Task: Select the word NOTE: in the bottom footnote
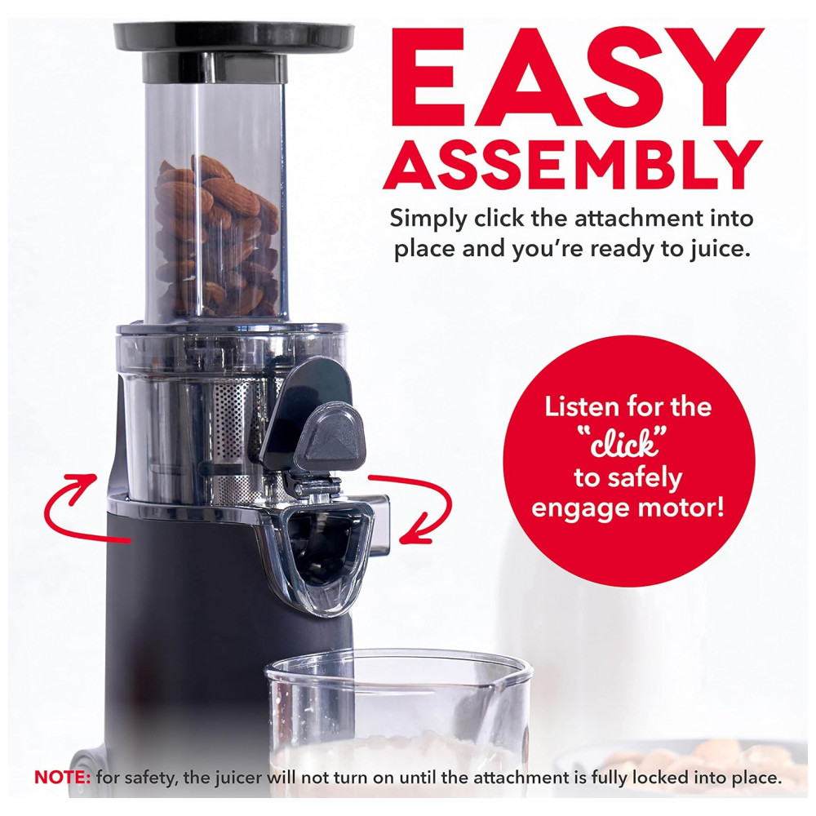click(x=63, y=778)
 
